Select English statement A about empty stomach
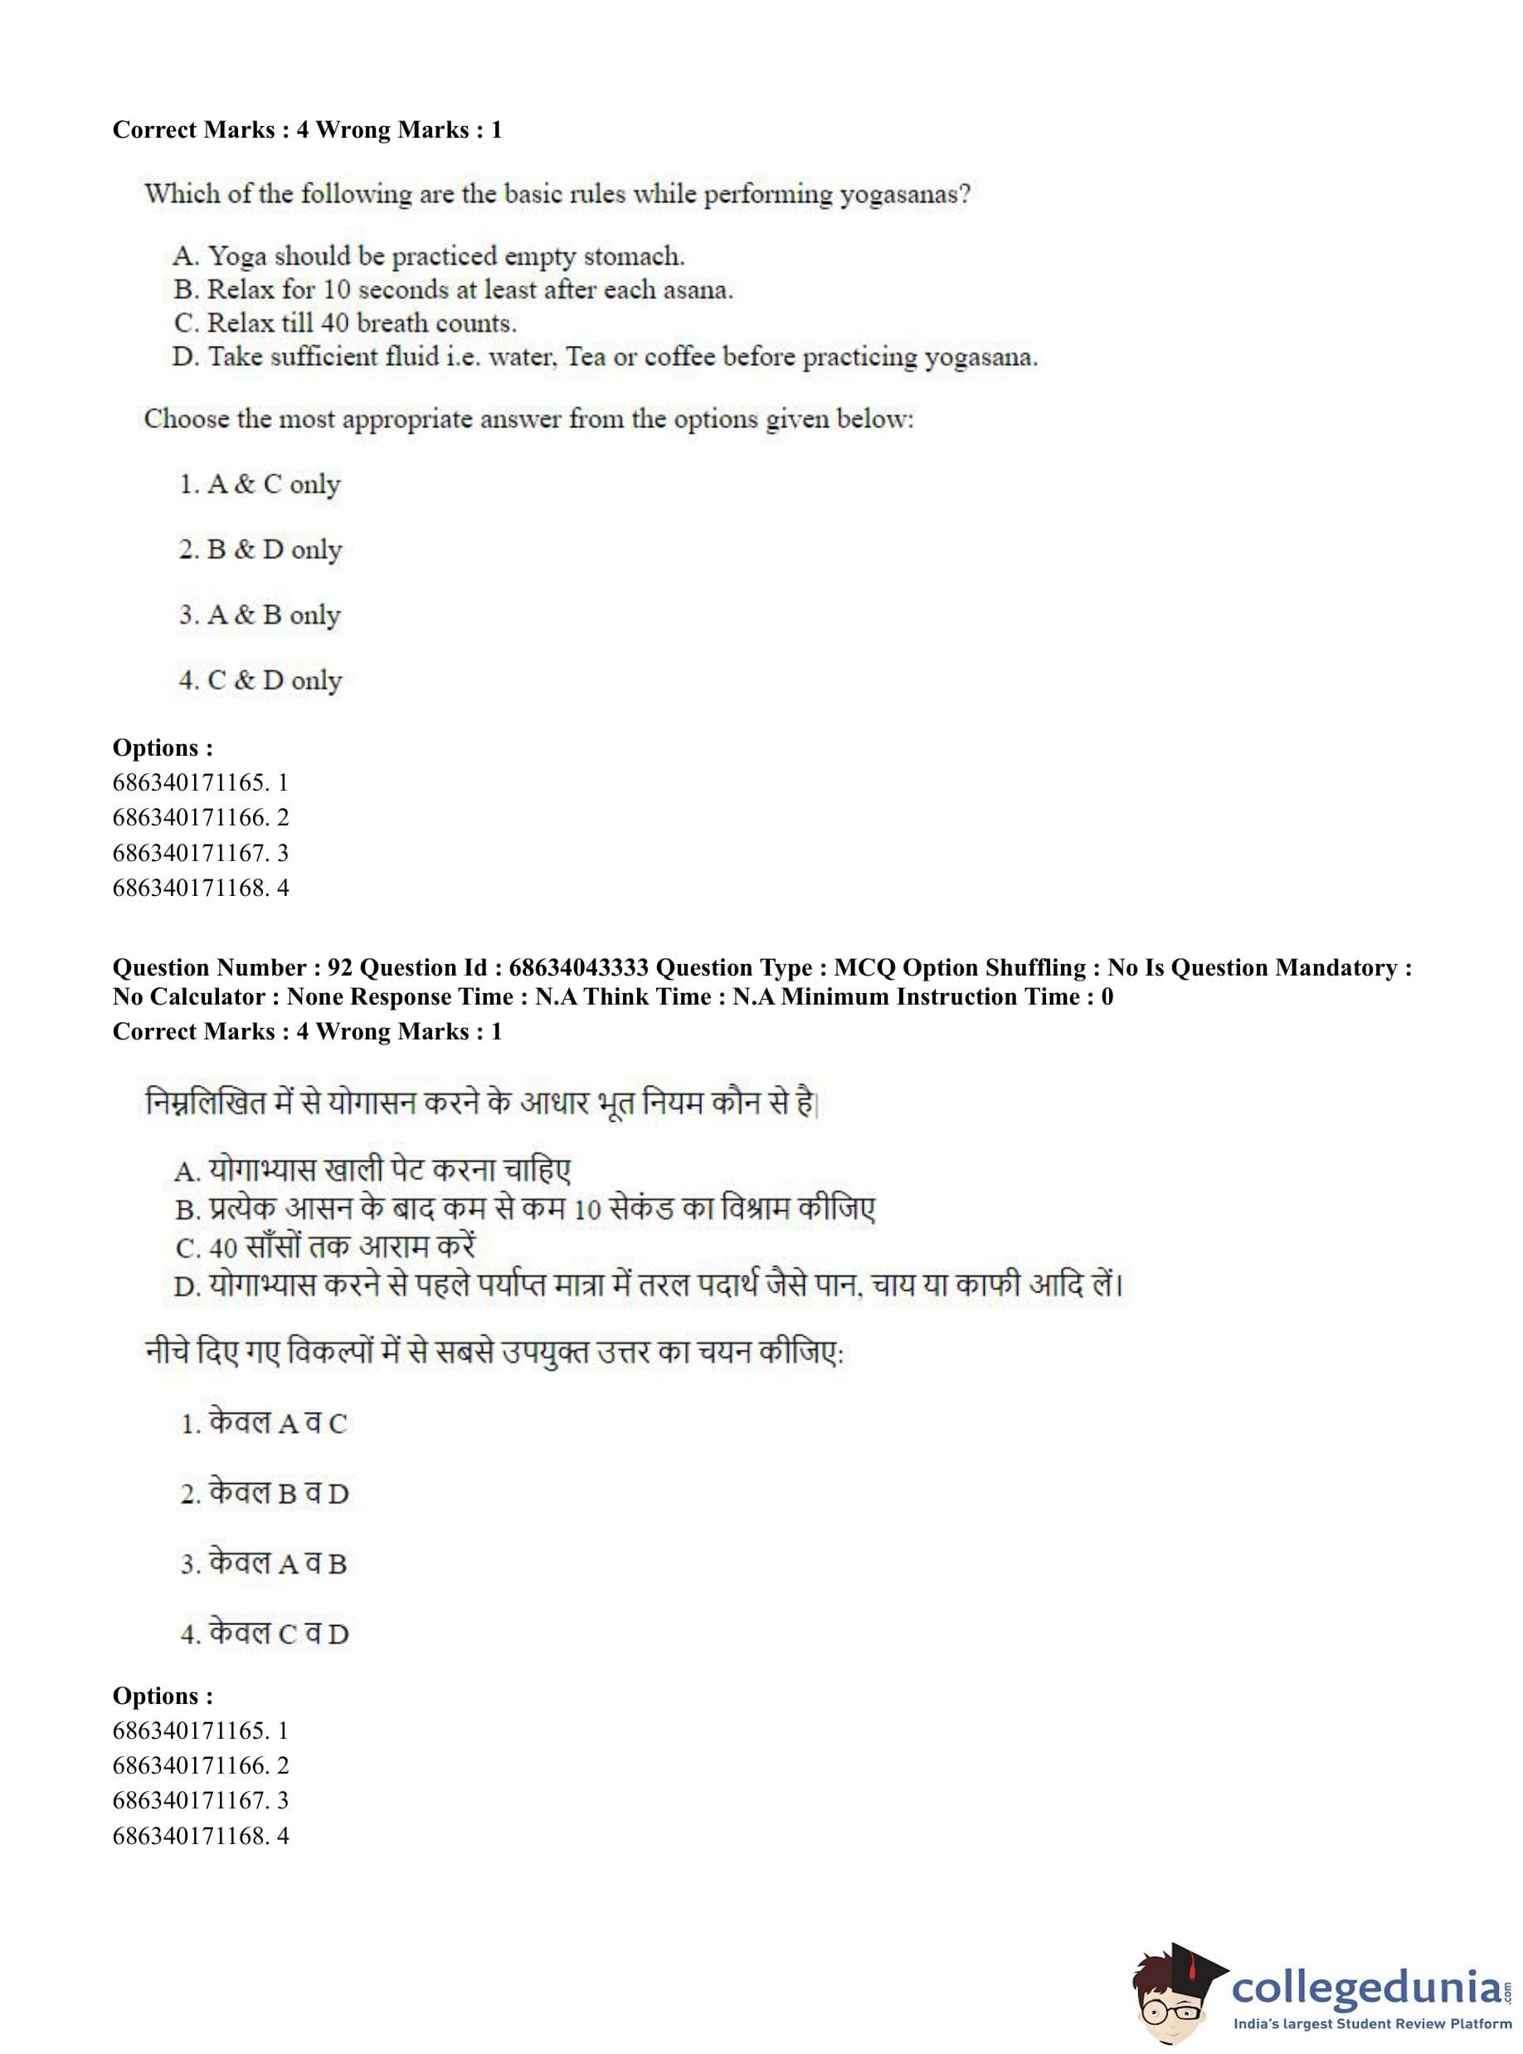(429, 256)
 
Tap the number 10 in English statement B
(337, 290)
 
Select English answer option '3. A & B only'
(260, 615)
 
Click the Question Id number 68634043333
(579, 968)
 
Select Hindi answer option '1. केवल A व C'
(264, 1423)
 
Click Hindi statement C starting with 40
(325, 1246)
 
